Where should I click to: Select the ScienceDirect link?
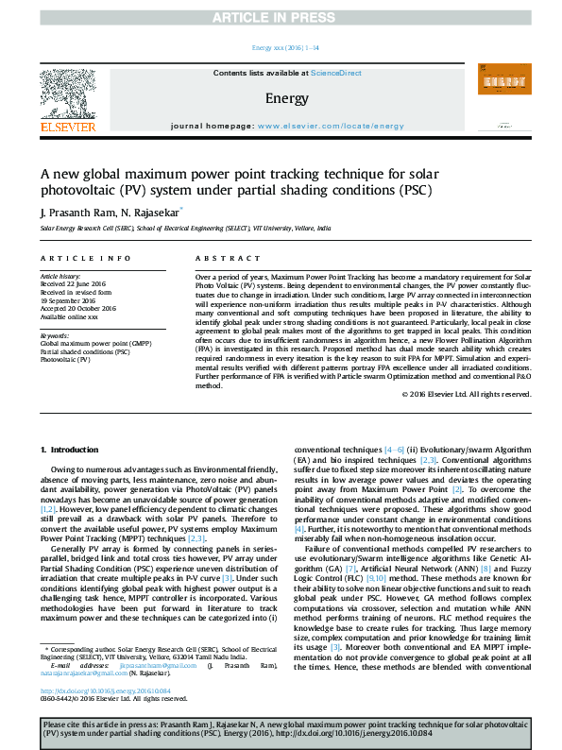click(x=336, y=73)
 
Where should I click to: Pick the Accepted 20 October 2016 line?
click(x=78, y=308)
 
